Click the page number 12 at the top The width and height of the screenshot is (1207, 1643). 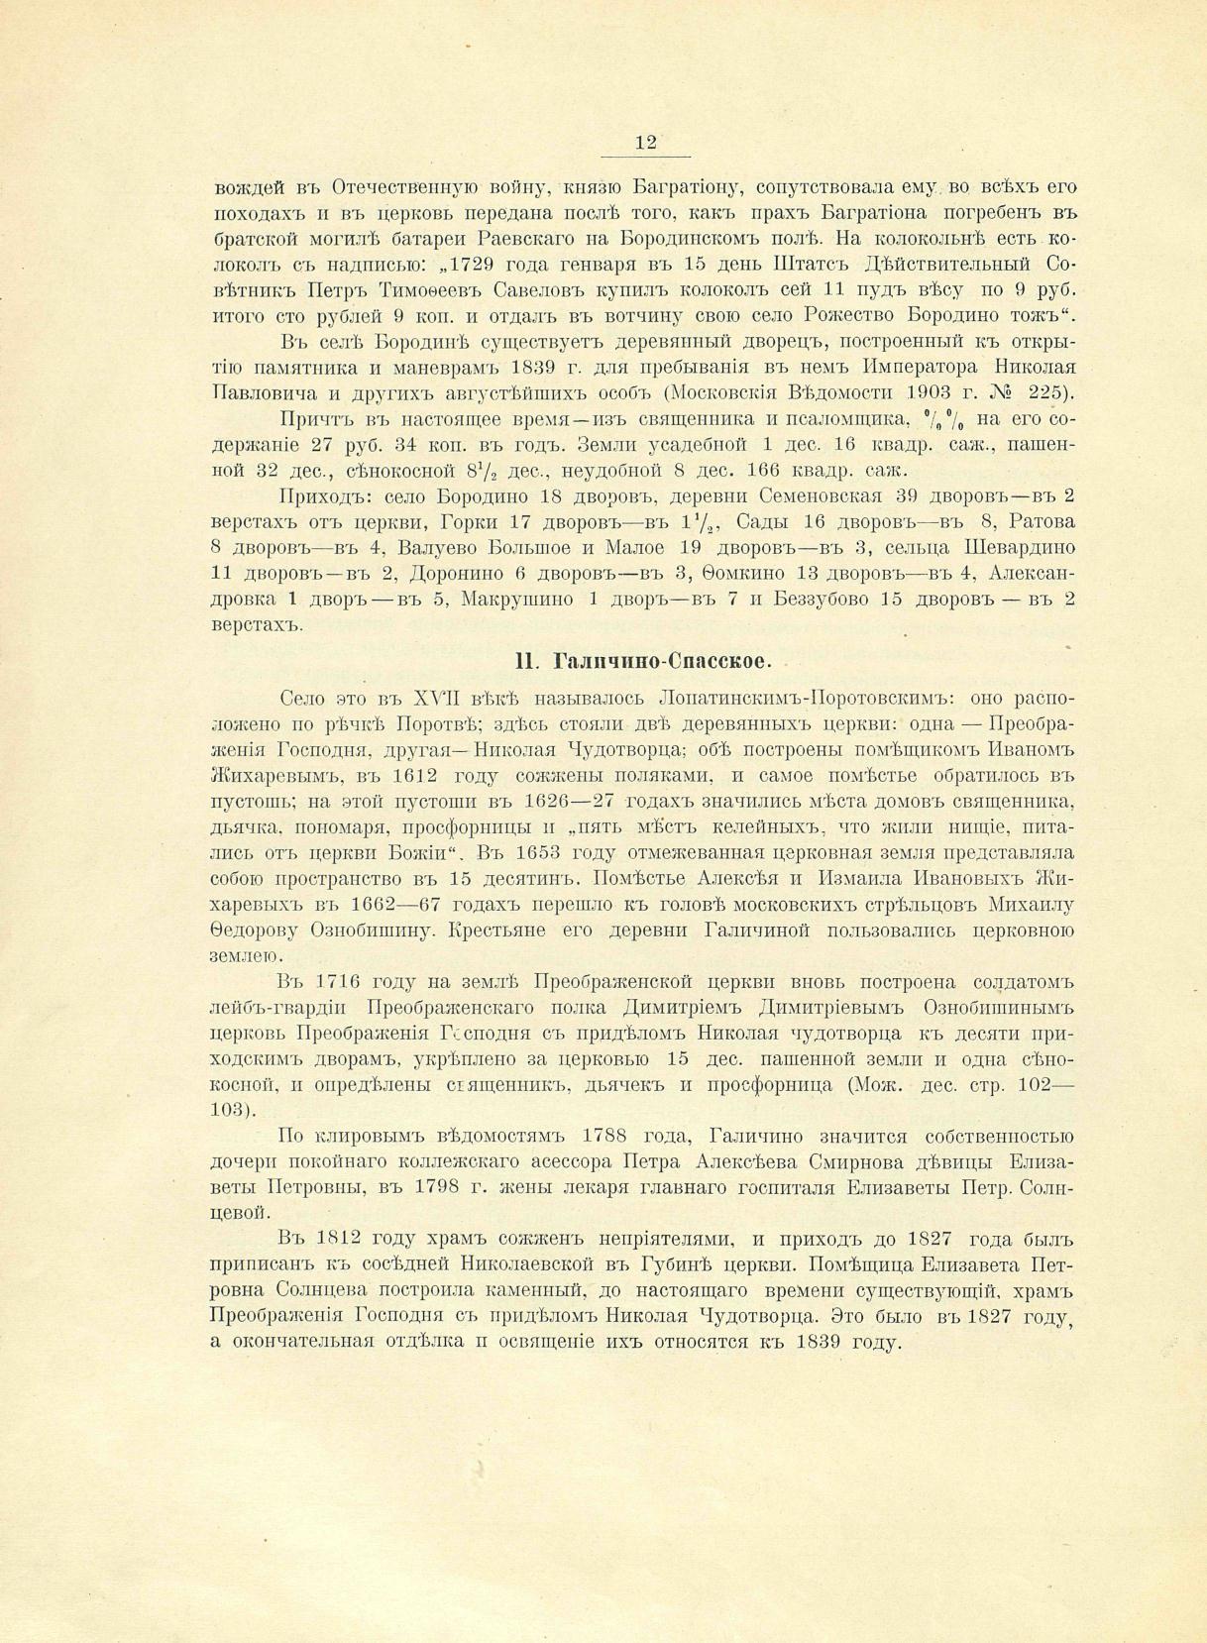tap(645, 143)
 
